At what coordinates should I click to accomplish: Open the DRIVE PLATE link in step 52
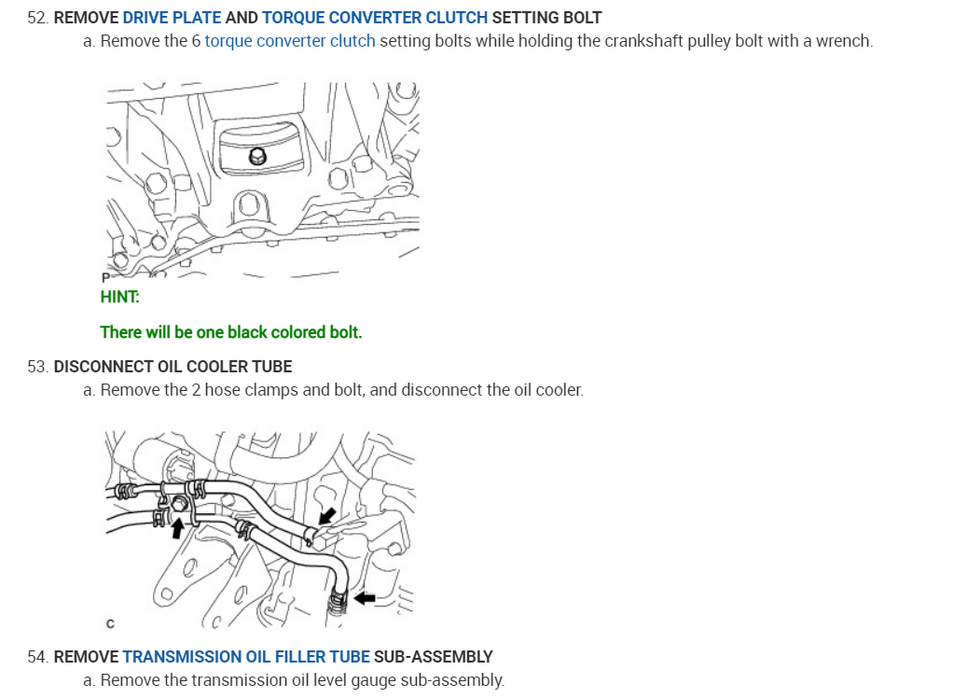tap(172, 18)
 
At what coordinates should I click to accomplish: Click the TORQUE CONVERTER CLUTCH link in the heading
tap(375, 18)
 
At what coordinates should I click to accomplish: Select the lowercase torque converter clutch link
tap(290, 41)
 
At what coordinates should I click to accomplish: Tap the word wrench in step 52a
tap(844, 41)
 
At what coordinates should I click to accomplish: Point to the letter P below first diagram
tap(104, 277)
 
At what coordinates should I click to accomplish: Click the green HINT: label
tap(119, 297)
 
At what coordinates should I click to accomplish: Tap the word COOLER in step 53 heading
tap(208, 366)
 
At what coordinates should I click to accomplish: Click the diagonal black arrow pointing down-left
tap(326, 516)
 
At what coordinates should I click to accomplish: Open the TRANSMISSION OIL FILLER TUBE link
tap(246, 657)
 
